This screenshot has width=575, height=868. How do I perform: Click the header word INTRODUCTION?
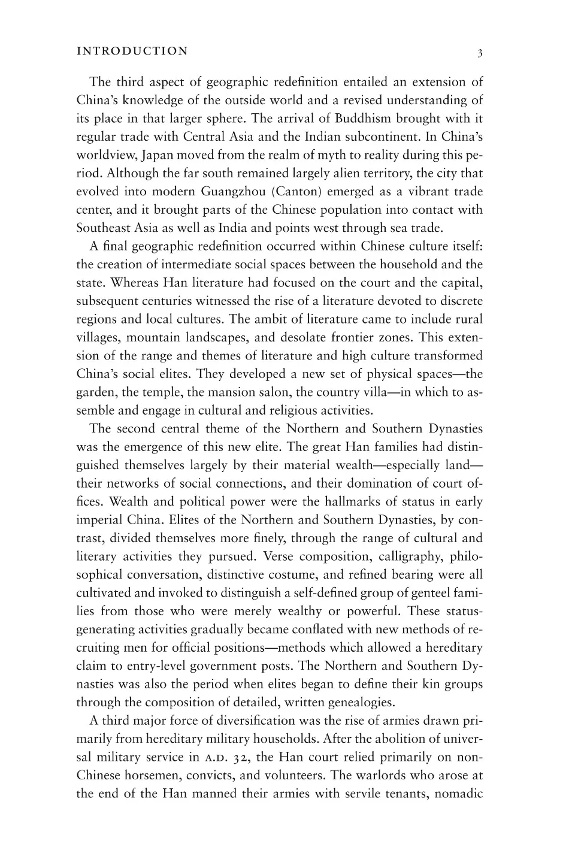(x=132, y=51)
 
